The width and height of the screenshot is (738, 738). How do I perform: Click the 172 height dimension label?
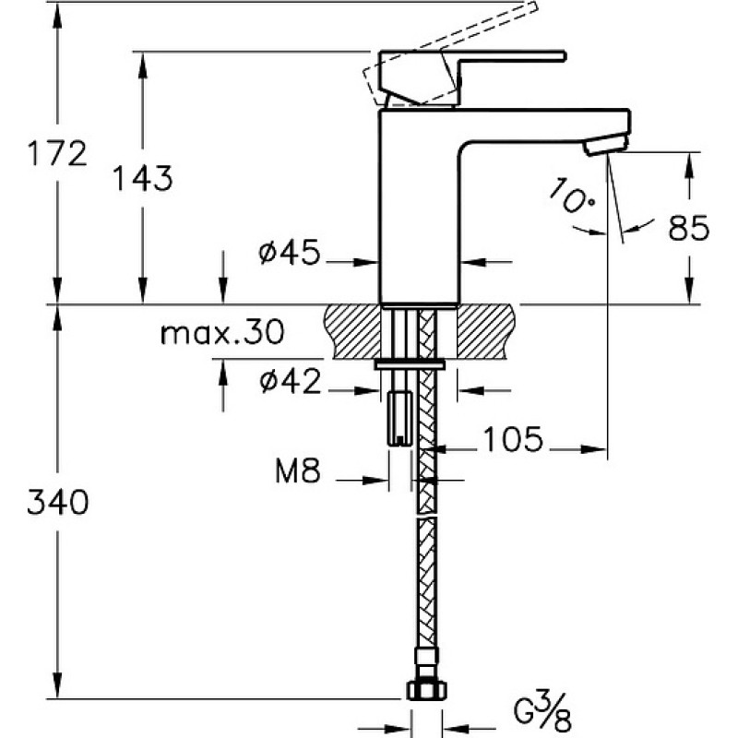click(57, 153)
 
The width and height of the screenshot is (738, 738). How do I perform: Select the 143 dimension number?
click(143, 178)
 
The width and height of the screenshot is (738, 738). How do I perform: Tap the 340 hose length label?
click(57, 502)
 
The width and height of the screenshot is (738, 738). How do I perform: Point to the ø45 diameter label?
click(289, 252)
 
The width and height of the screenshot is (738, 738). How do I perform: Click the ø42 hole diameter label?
click(291, 381)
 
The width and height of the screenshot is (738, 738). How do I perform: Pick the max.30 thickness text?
click(222, 332)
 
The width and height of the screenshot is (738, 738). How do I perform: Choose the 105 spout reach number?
click(513, 440)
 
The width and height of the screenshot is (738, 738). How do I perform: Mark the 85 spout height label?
click(688, 228)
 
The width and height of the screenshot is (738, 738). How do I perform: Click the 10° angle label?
click(571, 195)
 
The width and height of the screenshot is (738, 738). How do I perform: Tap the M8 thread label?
click(298, 470)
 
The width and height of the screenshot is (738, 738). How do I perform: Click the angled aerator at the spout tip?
click(606, 144)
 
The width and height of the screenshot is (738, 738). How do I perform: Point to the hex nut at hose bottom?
click(426, 690)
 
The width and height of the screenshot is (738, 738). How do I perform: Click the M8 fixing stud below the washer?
click(399, 419)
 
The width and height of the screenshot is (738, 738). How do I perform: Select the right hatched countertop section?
click(486, 332)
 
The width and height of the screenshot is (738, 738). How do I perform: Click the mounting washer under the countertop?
click(410, 364)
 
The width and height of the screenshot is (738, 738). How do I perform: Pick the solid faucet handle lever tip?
click(563, 56)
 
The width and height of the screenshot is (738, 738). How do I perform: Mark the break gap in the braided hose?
click(426, 516)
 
